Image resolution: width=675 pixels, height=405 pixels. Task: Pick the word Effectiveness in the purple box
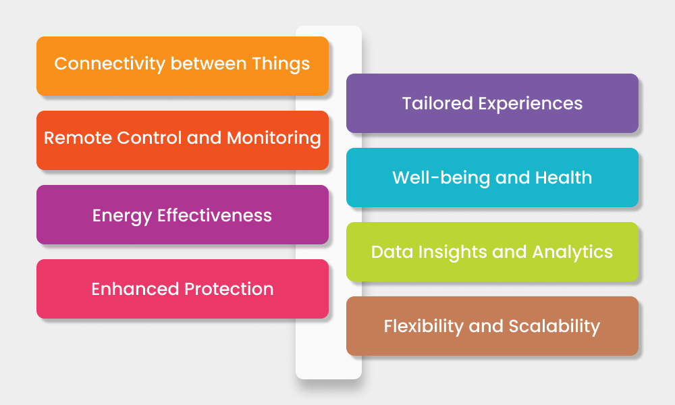tap(215, 215)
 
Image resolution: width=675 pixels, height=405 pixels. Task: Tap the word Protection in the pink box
tap(229, 290)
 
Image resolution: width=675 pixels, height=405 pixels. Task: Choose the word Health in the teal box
tap(564, 178)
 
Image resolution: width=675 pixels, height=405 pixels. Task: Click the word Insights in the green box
tap(446, 252)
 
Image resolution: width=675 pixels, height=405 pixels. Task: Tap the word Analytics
tap(572, 252)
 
